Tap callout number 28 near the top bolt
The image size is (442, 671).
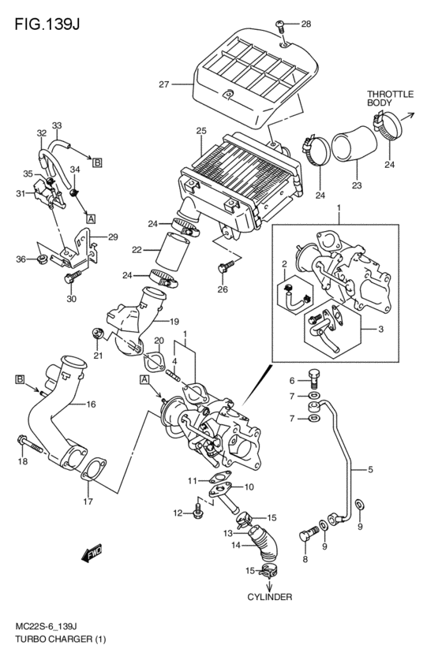click(x=305, y=24)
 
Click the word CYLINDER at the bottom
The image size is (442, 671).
click(x=270, y=597)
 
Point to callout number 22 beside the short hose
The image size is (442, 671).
click(x=137, y=249)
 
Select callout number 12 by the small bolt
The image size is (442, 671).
click(x=178, y=513)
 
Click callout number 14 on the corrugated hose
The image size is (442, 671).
click(x=236, y=545)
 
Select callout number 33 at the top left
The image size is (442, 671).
click(x=57, y=125)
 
